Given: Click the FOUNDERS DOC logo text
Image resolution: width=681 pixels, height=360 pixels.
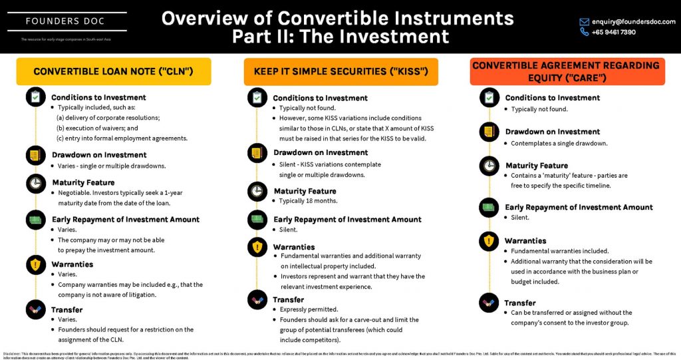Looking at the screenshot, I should tap(65, 21).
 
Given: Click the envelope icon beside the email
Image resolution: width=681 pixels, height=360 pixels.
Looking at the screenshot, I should tap(566, 21).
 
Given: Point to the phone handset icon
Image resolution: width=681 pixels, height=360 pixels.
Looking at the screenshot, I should tap(566, 32).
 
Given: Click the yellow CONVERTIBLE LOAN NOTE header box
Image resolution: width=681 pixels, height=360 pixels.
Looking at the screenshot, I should tap(113, 71).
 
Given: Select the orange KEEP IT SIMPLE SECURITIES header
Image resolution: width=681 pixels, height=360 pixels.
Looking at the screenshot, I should tap(340, 71).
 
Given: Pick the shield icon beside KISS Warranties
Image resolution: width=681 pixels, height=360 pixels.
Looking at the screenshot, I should tap(256, 248).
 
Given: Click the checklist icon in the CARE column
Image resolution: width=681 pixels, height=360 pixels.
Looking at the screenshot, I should tap(489, 98).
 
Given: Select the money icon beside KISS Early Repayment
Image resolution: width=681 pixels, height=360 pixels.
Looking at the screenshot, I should tap(256, 220).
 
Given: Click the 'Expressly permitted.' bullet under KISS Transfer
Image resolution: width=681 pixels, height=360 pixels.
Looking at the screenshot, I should tap(308, 309).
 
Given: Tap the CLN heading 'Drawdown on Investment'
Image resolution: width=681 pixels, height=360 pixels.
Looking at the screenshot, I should tap(99, 155).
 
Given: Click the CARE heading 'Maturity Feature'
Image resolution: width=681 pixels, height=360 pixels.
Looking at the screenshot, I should tap(536, 166).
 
